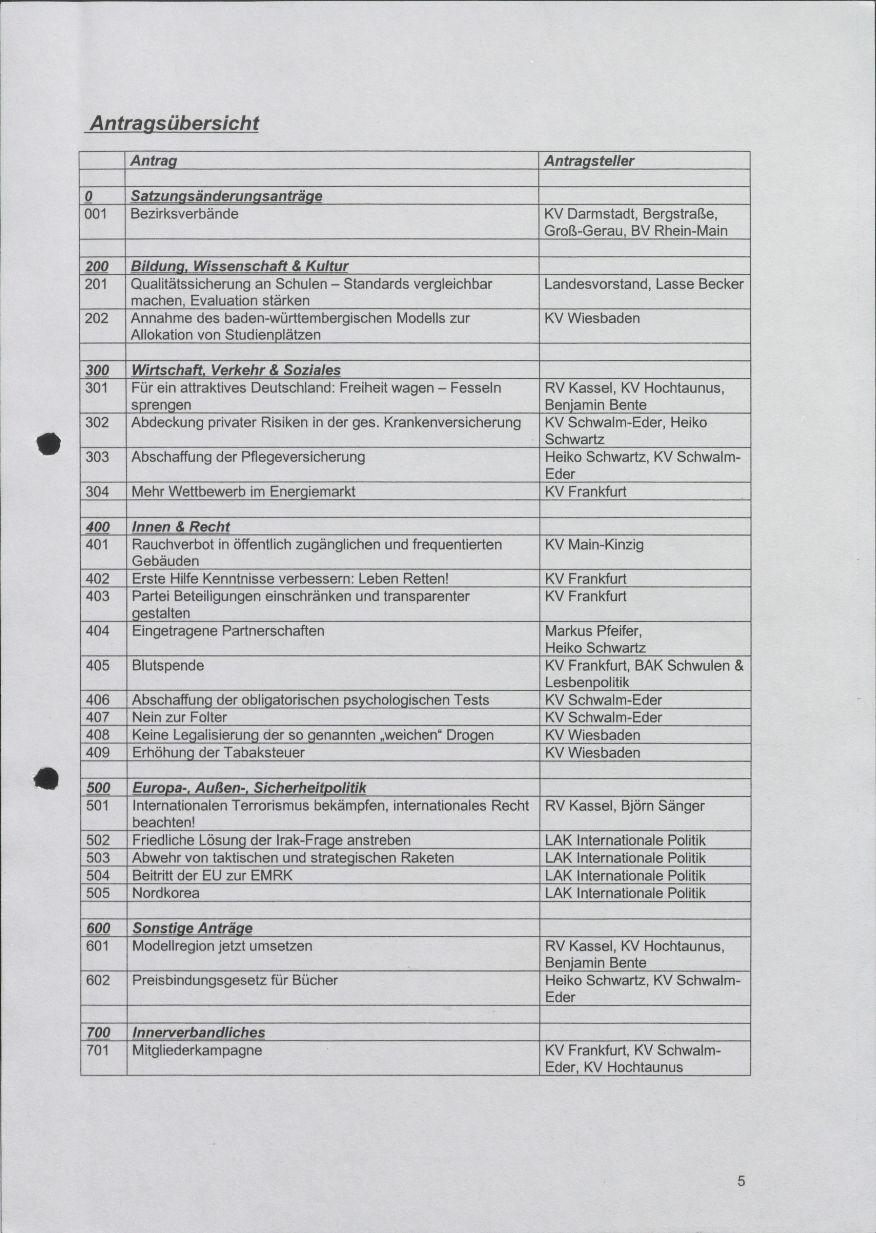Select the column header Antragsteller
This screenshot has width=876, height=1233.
(x=589, y=161)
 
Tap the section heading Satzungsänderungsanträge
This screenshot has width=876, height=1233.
(x=226, y=196)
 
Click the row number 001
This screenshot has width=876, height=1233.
(x=96, y=214)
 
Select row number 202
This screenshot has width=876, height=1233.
(x=96, y=318)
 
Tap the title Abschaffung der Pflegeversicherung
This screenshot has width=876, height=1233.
(x=248, y=457)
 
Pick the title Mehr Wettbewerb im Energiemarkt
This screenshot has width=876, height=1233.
(x=243, y=491)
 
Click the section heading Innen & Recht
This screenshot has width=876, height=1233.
(x=181, y=527)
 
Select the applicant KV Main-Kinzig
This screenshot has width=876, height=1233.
(x=594, y=545)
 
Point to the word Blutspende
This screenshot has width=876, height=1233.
(x=168, y=666)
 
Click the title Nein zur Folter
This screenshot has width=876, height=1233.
(x=179, y=717)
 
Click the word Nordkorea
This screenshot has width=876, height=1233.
(x=165, y=893)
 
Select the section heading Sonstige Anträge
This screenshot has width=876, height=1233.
(x=192, y=928)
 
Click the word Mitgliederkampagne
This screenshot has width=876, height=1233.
(x=197, y=1050)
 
